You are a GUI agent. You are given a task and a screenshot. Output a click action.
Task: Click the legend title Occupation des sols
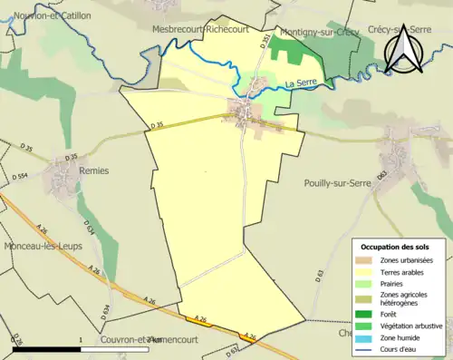click(x=399, y=247)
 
